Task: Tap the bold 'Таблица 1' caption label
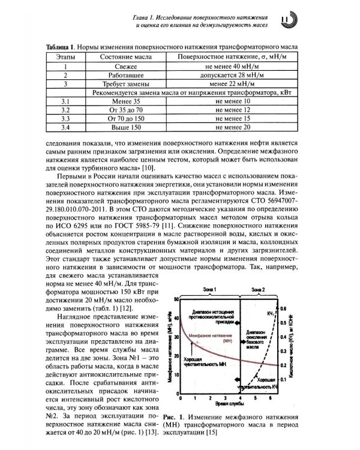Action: pyautogui.click(x=61, y=46)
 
